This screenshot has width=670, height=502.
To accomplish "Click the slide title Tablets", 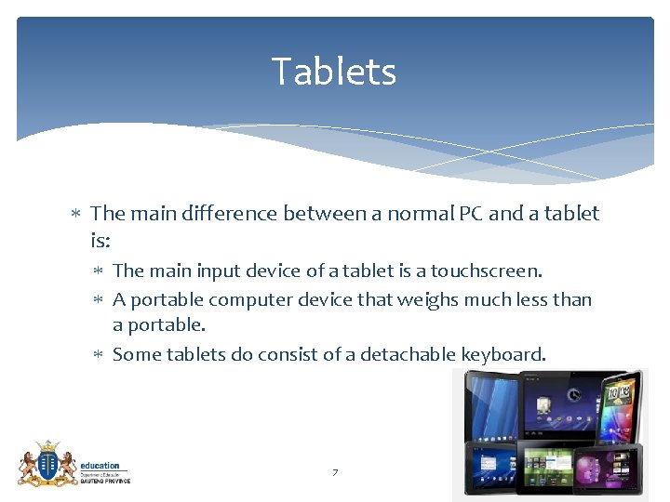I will pyautogui.click(x=334, y=72).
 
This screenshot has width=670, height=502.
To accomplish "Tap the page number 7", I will pyautogui.click(x=335, y=473).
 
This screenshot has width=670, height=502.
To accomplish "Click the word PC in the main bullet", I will pyautogui.click(x=470, y=214).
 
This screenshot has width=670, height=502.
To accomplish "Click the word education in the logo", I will pyautogui.click(x=100, y=466).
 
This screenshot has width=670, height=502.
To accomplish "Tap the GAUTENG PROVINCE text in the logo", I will pyautogui.click(x=105, y=481).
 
